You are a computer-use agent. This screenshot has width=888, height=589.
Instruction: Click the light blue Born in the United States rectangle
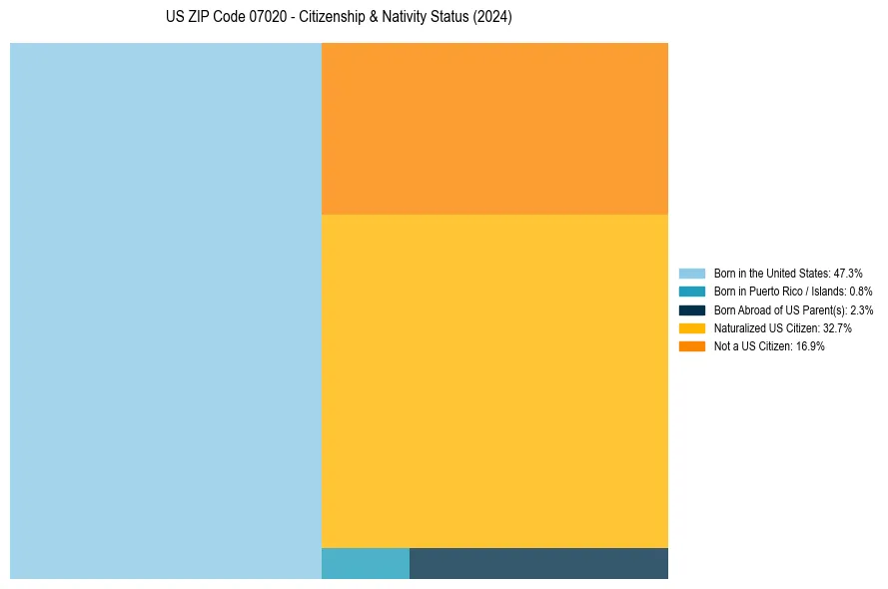[166, 310]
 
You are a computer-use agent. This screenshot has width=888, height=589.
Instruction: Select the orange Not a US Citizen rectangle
[494, 129]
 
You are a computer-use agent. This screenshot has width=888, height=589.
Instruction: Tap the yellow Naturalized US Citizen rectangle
[494, 380]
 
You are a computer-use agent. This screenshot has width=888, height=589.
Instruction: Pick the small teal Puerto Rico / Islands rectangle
[366, 563]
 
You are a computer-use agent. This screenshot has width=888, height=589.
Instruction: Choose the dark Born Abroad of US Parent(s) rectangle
[538, 563]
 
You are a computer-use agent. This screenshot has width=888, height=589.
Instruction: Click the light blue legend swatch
[692, 273]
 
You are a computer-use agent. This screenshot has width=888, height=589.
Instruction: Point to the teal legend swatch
[692, 292]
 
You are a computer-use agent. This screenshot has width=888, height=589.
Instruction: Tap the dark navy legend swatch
[692, 309]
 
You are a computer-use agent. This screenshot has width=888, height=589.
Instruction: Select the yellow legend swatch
[692, 327]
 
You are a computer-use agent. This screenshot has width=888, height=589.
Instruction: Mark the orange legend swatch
[692, 346]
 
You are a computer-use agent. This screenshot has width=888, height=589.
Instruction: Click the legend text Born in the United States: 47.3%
[788, 273]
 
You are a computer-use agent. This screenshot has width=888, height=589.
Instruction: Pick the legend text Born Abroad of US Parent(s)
[793, 309]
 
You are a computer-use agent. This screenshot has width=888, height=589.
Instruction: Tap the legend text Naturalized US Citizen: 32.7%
[782, 327]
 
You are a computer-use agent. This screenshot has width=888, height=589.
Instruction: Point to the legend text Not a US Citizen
[769, 346]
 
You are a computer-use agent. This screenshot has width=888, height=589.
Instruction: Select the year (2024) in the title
[490, 18]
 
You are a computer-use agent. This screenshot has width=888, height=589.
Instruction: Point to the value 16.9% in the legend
[810, 346]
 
